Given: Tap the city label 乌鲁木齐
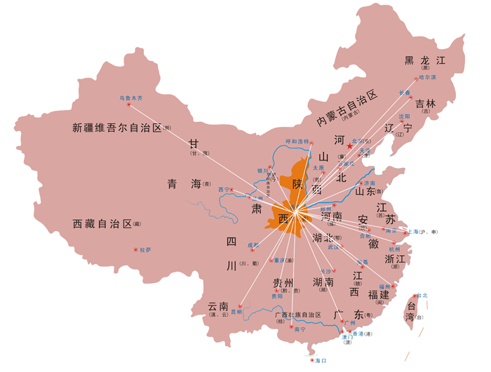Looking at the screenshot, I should (130, 98).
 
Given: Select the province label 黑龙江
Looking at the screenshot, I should (425, 60).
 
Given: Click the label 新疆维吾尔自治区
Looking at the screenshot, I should (117, 128).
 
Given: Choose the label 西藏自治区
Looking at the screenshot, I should (102, 224).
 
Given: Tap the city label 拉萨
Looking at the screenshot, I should (145, 249).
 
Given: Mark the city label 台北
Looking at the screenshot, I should (422, 296).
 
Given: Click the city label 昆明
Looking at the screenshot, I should (241, 312).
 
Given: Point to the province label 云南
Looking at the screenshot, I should (218, 306).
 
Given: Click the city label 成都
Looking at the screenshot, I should (253, 245).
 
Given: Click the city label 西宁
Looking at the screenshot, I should (224, 189).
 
